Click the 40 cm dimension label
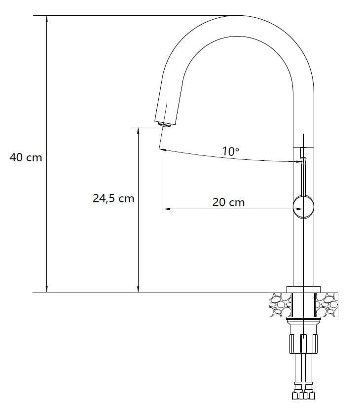[x=26, y=157]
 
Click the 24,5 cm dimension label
[x=113, y=198]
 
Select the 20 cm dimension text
[x=228, y=202]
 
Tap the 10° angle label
[x=230, y=151]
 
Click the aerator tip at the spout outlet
[x=164, y=125]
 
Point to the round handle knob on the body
[x=303, y=207]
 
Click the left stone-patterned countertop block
[x=280, y=305]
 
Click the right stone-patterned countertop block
[x=326, y=305]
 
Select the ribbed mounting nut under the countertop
[x=303, y=343]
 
